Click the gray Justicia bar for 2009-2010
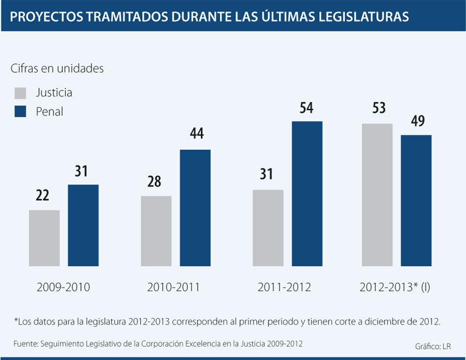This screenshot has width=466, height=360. (x=44, y=238)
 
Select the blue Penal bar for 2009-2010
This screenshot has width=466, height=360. (x=83, y=225)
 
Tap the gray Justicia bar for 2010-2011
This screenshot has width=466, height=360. (x=156, y=231)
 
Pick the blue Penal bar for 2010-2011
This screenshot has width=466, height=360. (x=195, y=207)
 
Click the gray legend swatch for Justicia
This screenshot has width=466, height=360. (x=20, y=93)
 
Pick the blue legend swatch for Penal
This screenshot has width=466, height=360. (x=20, y=112)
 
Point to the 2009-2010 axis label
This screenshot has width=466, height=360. (x=63, y=287)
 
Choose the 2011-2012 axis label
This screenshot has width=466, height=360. (x=284, y=287)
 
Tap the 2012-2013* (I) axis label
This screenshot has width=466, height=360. (x=395, y=287)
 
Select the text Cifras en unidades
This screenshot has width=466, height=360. (x=57, y=68)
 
